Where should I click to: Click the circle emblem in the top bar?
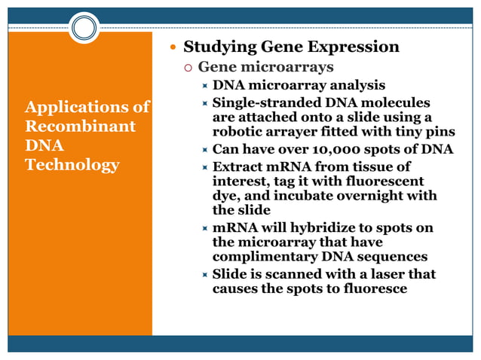84,29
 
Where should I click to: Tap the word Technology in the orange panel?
72,164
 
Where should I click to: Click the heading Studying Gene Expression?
292,47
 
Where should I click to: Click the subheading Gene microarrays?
265,68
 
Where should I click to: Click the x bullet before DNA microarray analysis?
204,86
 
